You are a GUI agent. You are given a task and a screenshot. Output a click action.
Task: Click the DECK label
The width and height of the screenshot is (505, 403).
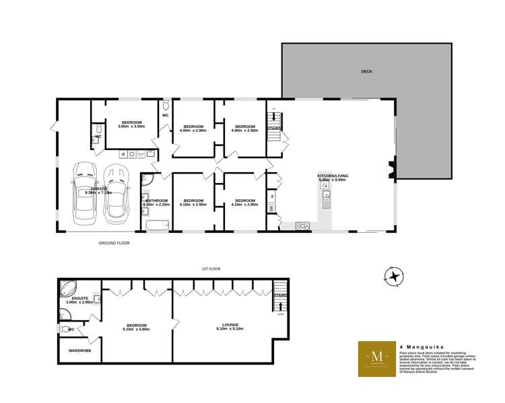pyautogui.click(x=366, y=71)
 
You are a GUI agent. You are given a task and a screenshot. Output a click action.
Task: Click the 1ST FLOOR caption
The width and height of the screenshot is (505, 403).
pyautogui.click(x=211, y=268)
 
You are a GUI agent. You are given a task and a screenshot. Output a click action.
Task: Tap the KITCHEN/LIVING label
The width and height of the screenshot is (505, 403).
pyautogui.click(x=332, y=177)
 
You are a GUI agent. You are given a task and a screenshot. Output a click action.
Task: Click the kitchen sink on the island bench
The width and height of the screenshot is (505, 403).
pyautogui.click(x=326, y=196)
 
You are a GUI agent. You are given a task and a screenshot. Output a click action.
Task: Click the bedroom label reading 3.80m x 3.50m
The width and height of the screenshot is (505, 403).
pyautogui.click(x=131, y=124)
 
